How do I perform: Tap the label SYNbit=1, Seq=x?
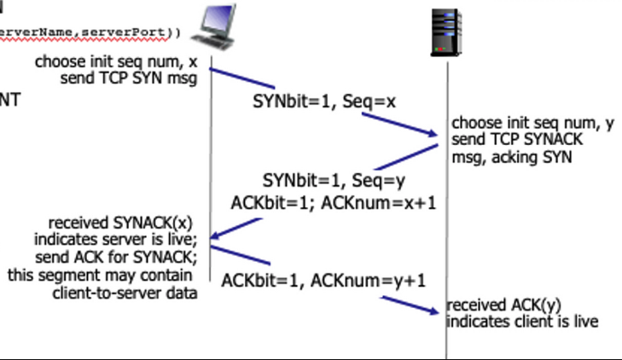324,102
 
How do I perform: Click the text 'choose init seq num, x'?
115,63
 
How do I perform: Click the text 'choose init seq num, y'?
532,123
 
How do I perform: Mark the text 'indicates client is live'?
522,322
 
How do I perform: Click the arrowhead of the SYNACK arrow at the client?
217,237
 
